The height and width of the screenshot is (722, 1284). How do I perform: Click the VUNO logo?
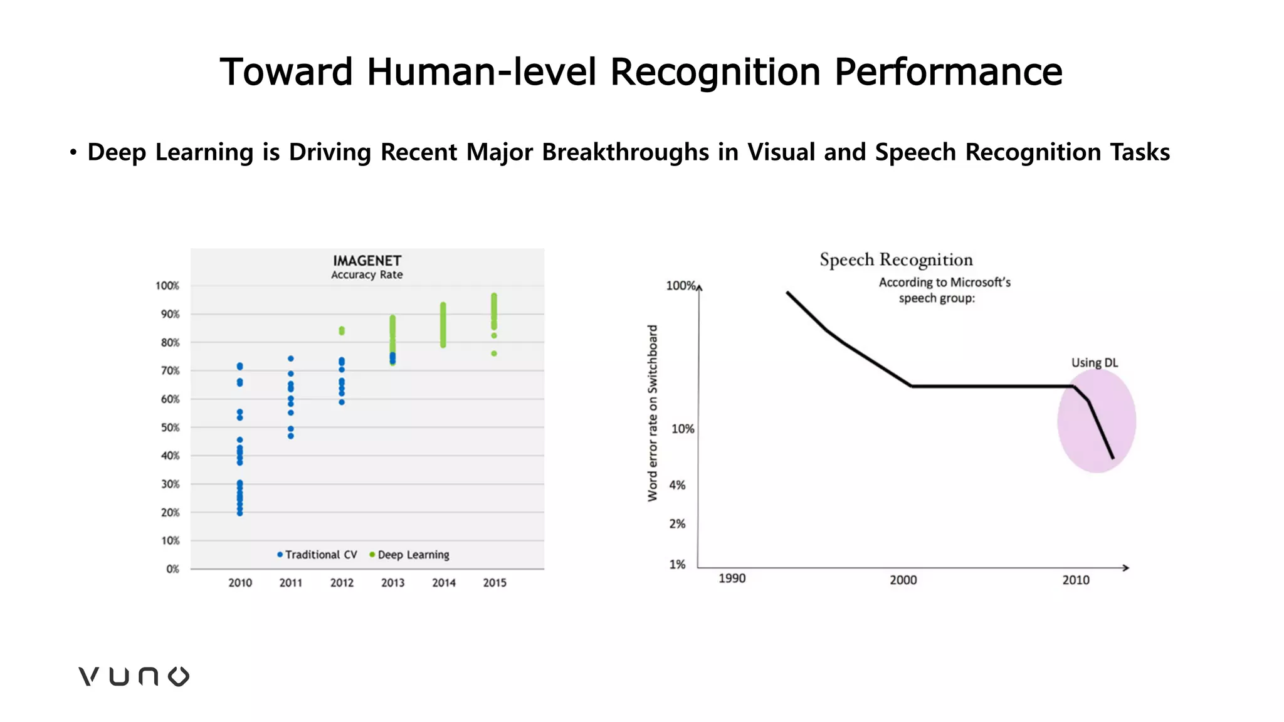tap(134, 676)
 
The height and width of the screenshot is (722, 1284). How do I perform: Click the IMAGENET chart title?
tap(367, 261)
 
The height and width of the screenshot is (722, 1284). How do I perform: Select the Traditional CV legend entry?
tap(317, 555)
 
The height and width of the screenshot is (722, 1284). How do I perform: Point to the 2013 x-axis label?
tap(392, 583)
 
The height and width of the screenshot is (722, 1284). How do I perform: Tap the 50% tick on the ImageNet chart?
tap(170, 427)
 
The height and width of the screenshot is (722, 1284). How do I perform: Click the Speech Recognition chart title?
tap(896, 259)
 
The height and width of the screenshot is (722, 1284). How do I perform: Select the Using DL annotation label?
tap(1094, 363)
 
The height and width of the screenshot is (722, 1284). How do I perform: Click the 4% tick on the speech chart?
tap(677, 485)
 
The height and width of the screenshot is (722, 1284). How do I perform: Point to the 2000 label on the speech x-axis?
tap(903, 580)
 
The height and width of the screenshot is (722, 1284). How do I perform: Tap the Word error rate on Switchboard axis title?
tap(653, 413)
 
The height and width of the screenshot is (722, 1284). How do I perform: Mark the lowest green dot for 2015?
tap(494, 353)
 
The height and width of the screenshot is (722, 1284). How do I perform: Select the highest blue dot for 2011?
tap(290, 358)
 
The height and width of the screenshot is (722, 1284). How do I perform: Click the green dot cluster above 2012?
tap(342, 330)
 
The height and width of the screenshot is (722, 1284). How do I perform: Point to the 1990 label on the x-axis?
tap(732, 578)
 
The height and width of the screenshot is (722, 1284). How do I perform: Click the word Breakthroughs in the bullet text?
tap(625, 152)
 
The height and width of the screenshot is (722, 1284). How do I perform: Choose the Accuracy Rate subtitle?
tap(367, 275)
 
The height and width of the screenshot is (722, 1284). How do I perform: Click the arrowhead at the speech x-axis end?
tap(1126, 568)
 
